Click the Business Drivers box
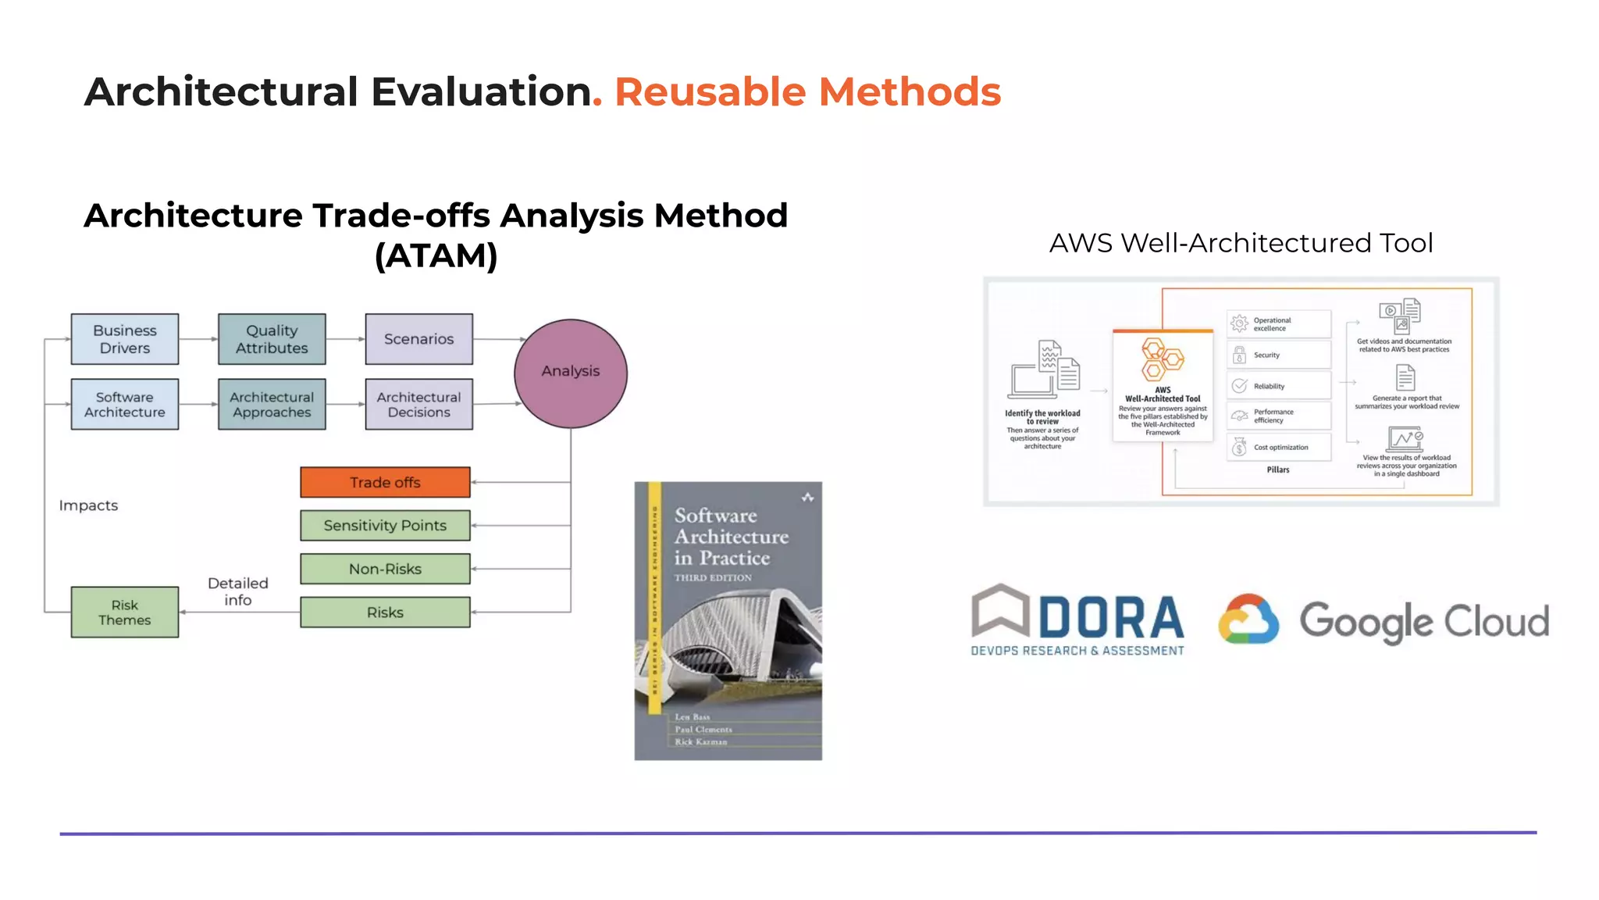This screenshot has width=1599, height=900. coord(125,339)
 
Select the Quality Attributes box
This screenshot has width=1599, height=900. coord(272,339)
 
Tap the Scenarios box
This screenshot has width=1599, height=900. coord(418,339)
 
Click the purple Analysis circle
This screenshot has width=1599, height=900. coord(571,373)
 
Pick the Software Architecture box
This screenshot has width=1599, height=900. coord(125,405)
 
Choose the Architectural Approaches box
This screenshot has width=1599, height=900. coord(272,405)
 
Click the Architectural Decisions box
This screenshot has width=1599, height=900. coord(418,405)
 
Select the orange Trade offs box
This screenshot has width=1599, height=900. coord(385,483)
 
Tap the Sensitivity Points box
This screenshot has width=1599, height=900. coord(385,526)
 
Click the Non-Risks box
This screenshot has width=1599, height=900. coord(385,570)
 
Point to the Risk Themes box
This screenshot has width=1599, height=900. coord(125,612)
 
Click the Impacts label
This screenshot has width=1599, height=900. coord(88,505)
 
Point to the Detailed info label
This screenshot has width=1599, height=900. coord(238,591)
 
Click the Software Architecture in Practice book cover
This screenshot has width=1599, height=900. coord(728,621)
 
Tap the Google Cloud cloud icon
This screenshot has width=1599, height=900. coord(1248,620)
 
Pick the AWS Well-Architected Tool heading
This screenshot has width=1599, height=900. coord(1241,243)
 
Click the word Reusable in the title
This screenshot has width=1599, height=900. coord(710,92)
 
